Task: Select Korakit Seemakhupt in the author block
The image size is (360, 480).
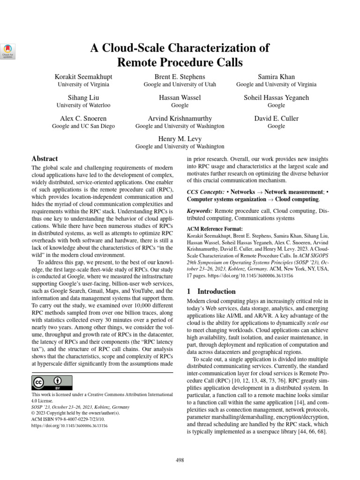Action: click(83, 76)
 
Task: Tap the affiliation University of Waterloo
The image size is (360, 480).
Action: click(83, 105)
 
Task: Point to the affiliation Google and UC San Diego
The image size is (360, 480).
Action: click(83, 126)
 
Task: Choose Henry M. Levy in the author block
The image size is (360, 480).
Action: click(180, 138)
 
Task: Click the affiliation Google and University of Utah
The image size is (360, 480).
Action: click(180, 85)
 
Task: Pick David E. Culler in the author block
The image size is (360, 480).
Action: click(276, 119)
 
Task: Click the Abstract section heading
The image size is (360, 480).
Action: click(45, 159)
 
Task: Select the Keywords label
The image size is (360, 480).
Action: click(200, 211)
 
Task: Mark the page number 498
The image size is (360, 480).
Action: click(180, 461)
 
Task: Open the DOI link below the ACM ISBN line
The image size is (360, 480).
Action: click(69, 426)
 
